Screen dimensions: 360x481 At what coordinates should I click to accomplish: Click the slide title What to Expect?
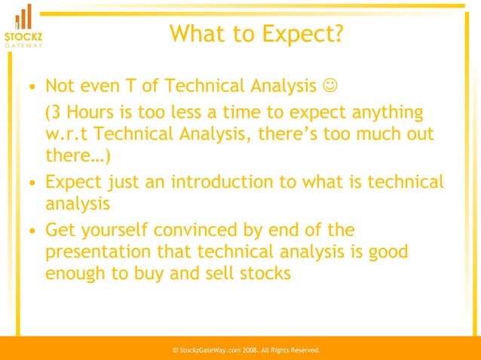(256, 34)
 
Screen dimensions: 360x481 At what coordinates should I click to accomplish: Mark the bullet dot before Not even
(30, 87)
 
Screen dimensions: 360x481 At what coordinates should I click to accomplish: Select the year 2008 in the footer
(250, 351)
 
